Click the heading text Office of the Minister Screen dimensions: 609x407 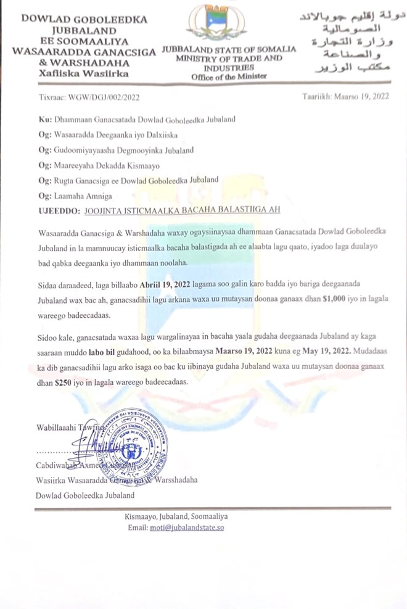229,77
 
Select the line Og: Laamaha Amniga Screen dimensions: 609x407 75,195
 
